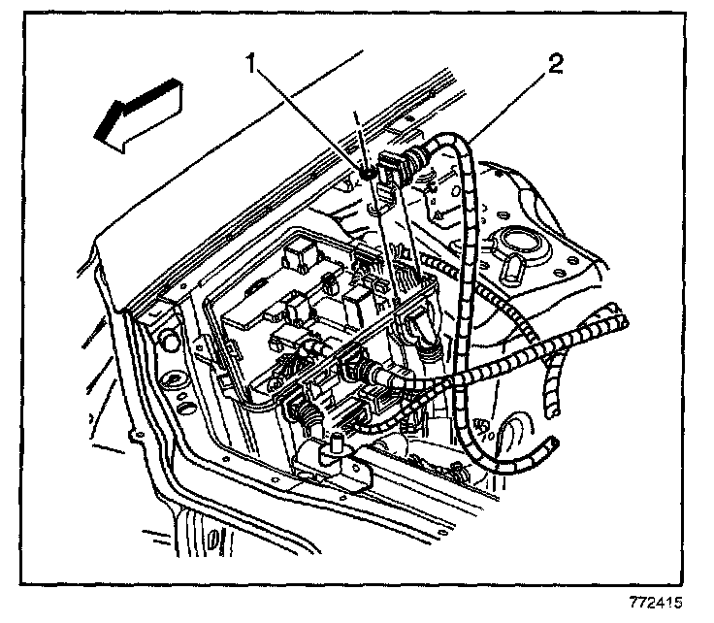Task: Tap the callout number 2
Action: pos(554,66)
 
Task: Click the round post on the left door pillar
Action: pos(167,340)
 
